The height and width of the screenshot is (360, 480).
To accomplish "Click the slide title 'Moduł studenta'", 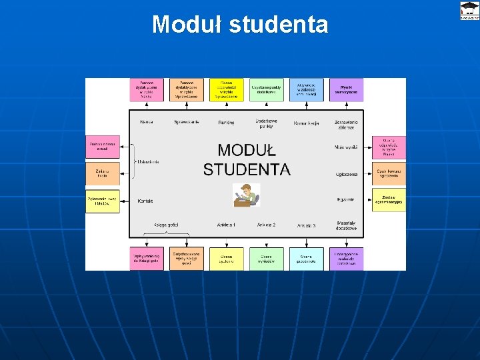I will coord(240,25).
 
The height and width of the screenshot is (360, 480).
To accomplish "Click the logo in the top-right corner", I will coord(469,11).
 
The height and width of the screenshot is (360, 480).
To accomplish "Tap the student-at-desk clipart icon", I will coord(246,195).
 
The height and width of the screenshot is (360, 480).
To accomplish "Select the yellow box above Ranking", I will coord(226,90).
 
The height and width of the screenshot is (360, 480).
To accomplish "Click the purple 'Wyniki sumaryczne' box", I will coord(346,90).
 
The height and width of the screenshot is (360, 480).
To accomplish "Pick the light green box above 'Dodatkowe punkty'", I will coord(266,90).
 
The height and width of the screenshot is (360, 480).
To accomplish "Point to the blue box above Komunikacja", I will coord(306,90).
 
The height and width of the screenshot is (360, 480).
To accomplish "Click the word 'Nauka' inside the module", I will coord(146,122).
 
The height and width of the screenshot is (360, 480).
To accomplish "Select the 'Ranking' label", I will coord(226,123).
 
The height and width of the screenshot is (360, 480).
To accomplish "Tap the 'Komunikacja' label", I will coord(306,123).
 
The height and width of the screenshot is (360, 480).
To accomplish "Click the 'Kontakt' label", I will coord(145,201).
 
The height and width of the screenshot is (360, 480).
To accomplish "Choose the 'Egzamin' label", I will coord(345,199).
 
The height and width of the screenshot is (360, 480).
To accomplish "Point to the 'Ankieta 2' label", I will coord(266,225).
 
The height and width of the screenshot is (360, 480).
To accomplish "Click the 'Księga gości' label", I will coord(165,225).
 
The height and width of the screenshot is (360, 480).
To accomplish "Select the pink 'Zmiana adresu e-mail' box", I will coord(102,147).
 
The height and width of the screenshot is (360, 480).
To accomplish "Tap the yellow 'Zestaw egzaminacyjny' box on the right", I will coord(389,200).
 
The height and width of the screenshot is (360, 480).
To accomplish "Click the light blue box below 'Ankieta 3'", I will coord(306,259).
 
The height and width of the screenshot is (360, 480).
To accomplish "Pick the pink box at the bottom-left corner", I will coord(146,259).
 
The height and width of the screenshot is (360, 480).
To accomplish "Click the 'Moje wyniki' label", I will coord(346,147).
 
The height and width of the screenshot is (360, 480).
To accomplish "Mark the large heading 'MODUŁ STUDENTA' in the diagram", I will coord(247,160).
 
